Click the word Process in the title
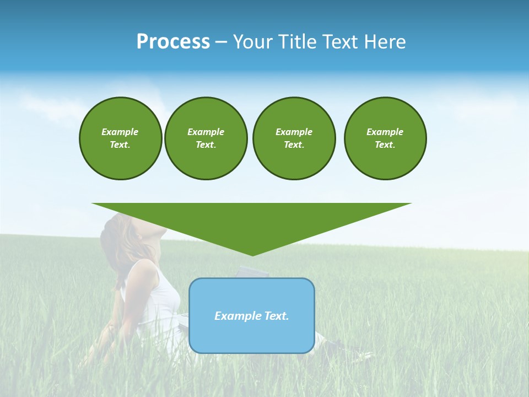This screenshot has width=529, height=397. click(173, 42)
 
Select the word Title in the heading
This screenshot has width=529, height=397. click(298, 42)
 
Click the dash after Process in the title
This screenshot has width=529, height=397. click(221, 43)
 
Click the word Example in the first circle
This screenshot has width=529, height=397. click(120, 132)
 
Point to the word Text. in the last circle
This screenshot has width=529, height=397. click(385, 144)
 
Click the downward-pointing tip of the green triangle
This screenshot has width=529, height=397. click(252, 254)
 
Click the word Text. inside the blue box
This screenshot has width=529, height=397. click(277, 316)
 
